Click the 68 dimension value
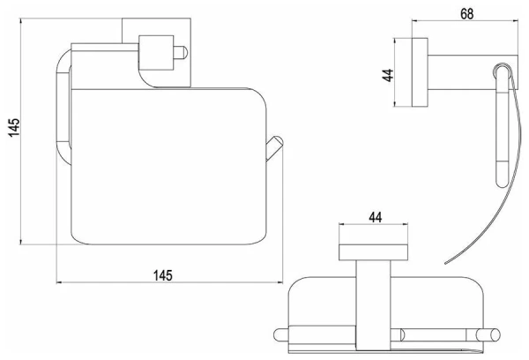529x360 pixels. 466,14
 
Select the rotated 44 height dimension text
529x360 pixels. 388,75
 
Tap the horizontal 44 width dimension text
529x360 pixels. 376,217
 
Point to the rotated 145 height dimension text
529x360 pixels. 14,128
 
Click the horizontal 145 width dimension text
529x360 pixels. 163,275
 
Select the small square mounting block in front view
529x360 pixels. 156,53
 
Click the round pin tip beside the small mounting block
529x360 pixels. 181,53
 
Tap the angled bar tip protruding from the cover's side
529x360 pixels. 275,147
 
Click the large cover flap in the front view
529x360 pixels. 168,166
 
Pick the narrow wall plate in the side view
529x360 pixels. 420,72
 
